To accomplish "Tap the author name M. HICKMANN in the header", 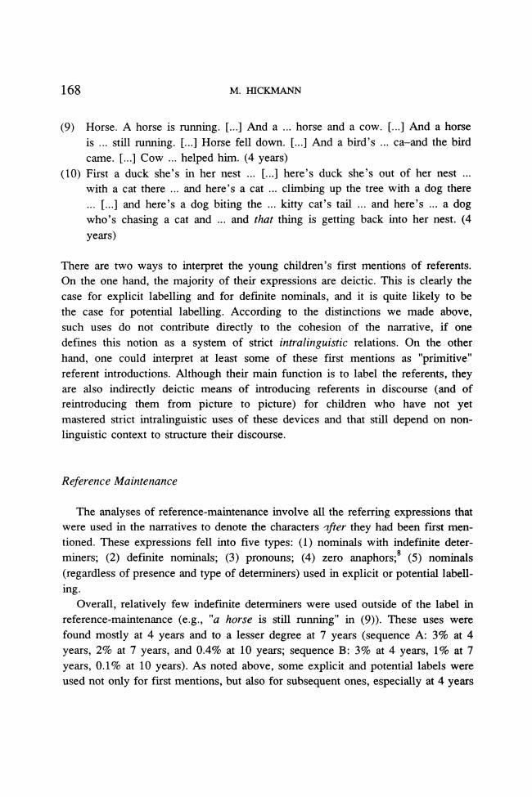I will [x=266, y=89].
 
